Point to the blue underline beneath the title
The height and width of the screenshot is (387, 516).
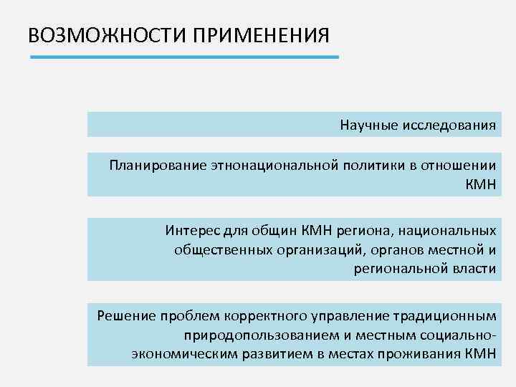pos(183,57)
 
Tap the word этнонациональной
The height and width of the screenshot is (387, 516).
pos(273,166)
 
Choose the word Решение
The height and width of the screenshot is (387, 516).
pos(124,315)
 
